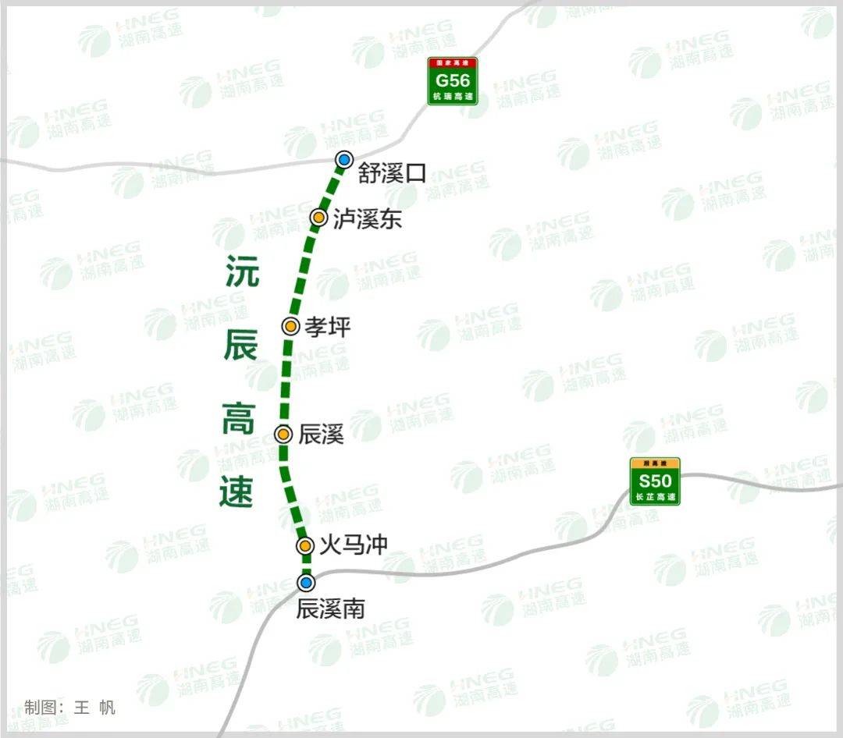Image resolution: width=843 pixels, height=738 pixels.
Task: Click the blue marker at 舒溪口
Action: [x=344, y=161]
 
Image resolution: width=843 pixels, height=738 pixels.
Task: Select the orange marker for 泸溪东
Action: [x=318, y=218]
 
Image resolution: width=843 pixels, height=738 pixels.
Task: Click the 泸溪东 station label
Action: [x=367, y=218]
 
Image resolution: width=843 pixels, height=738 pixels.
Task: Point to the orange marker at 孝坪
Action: [x=290, y=326]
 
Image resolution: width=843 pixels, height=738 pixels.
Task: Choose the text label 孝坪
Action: [x=328, y=327]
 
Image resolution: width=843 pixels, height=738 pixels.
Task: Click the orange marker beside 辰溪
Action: [x=283, y=435]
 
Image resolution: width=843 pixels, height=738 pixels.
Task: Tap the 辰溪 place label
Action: [x=321, y=435]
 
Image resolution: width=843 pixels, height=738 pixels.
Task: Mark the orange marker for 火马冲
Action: [x=305, y=545]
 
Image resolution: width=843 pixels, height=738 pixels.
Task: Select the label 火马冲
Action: [x=354, y=544]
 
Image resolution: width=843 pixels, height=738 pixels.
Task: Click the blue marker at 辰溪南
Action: [x=307, y=583]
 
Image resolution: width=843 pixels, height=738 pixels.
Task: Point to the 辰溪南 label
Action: [x=330, y=608]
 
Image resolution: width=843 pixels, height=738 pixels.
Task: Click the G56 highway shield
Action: [x=453, y=81]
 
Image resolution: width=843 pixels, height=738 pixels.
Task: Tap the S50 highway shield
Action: [x=656, y=481]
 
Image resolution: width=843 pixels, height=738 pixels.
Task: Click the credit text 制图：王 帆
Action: [x=70, y=708]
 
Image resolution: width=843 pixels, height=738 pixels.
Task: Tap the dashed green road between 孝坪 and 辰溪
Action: [x=286, y=380]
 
